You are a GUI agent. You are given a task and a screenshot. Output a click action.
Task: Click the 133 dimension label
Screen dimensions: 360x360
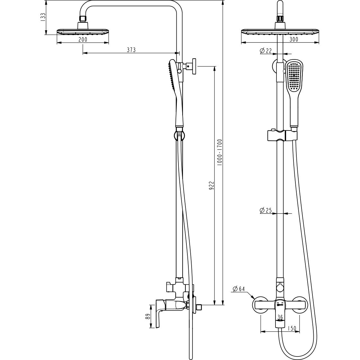tap(43, 17)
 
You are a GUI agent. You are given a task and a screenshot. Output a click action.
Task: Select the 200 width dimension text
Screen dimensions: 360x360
tap(83, 40)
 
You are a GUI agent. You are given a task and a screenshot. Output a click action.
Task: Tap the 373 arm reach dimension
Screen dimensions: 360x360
tap(131, 50)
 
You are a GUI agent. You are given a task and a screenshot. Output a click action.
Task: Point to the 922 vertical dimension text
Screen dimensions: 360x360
tap(212, 185)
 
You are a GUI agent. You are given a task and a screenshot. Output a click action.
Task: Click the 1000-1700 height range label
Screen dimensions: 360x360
tap(220, 152)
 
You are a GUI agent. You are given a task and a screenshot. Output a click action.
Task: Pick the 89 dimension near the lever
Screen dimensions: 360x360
tap(148, 316)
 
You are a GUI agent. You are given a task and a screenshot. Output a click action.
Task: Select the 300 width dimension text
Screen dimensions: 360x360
tap(294, 40)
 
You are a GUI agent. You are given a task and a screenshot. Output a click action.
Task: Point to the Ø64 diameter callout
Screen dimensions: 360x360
tap(239, 289)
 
